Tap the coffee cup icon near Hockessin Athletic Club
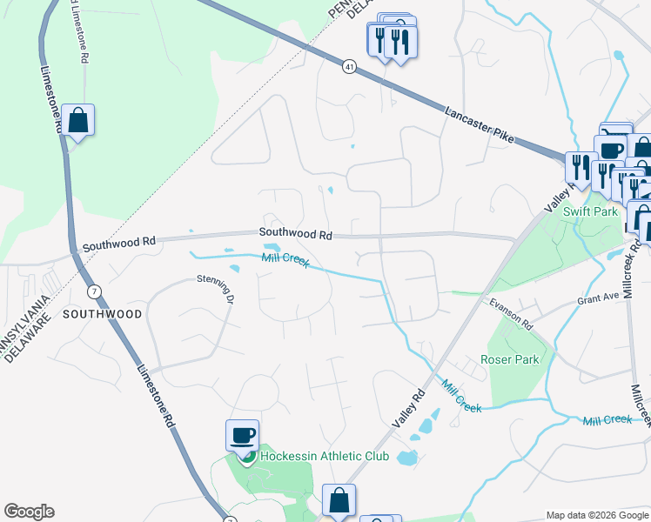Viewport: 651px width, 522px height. click(243, 434)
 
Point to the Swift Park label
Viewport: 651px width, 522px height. click(590, 211)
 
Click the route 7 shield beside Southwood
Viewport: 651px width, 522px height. click(94, 290)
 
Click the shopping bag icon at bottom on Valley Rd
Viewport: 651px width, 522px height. click(339, 500)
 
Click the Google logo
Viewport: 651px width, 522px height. click(29, 512)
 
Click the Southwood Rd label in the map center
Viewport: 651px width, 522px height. click(295, 234)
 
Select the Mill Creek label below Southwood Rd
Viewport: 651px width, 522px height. click(285, 259)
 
